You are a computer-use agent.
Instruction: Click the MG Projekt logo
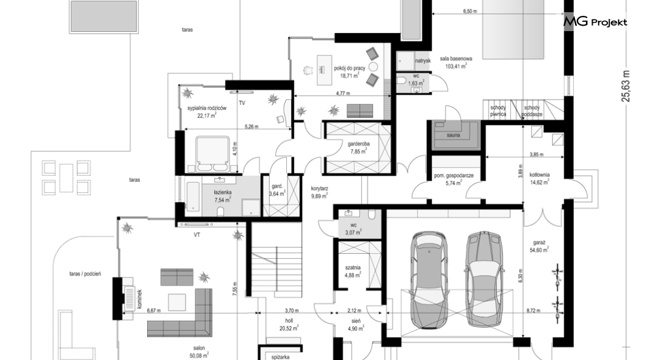(x=595, y=22)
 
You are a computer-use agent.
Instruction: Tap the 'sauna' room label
(x=454, y=135)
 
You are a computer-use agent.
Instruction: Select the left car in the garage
(x=429, y=280)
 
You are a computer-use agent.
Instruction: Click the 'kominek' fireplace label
(x=140, y=298)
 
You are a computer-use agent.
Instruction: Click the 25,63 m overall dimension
(x=627, y=85)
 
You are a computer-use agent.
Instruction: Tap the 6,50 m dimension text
(x=470, y=12)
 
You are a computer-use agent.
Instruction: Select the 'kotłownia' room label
(x=540, y=175)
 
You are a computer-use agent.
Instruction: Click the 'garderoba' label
(x=358, y=145)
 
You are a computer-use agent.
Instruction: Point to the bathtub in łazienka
(x=193, y=196)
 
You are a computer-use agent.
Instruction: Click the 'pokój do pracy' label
(x=350, y=68)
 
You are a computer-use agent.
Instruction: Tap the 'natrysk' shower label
(x=422, y=60)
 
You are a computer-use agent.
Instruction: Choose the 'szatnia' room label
(x=353, y=268)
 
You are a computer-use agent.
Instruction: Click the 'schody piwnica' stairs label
(x=498, y=111)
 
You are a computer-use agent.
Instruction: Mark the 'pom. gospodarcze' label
(x=454, y=176)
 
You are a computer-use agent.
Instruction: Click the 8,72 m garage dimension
(x=533, y=311)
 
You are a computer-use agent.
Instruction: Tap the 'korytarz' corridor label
(x=320, y=189)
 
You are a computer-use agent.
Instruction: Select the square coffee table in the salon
(x=176, y=302)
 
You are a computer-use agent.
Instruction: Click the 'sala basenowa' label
(x=456, y=59)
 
